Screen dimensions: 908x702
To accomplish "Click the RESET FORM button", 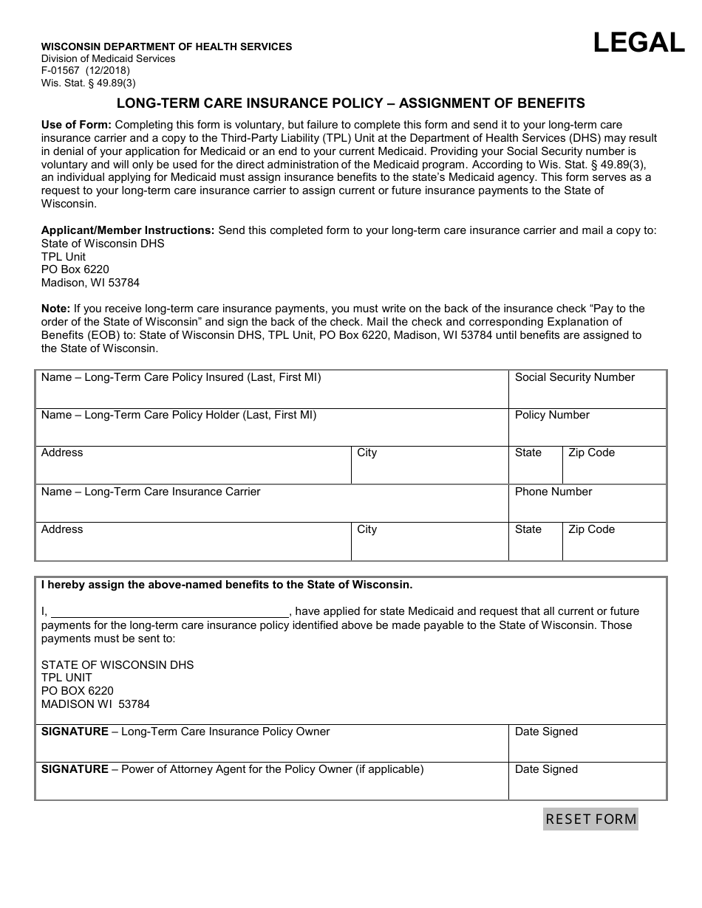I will pos(590,819).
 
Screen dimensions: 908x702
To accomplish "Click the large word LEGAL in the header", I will pos(639,43).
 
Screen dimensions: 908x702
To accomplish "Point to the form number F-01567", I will pos(66,71).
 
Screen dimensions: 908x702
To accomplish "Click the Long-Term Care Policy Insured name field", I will pos(271,393).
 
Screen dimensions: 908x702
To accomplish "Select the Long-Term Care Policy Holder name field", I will pos(271,431).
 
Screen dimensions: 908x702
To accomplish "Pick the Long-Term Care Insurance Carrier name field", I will pos(271,508).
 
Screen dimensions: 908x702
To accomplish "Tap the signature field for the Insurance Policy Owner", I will pos(271,747).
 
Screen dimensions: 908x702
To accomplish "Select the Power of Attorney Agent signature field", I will pos(271,785).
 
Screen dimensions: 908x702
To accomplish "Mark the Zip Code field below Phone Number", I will pos(614,545).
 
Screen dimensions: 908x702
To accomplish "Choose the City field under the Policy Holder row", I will pos(429,468).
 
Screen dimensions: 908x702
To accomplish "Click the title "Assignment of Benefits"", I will pos(492,103).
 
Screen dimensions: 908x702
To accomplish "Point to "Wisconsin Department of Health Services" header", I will pos(166,47).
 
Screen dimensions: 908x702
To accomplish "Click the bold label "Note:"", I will pos(55,309).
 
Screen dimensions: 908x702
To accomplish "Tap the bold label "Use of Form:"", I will pos(76,125).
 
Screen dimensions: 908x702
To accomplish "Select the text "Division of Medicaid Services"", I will pos(108,59).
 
